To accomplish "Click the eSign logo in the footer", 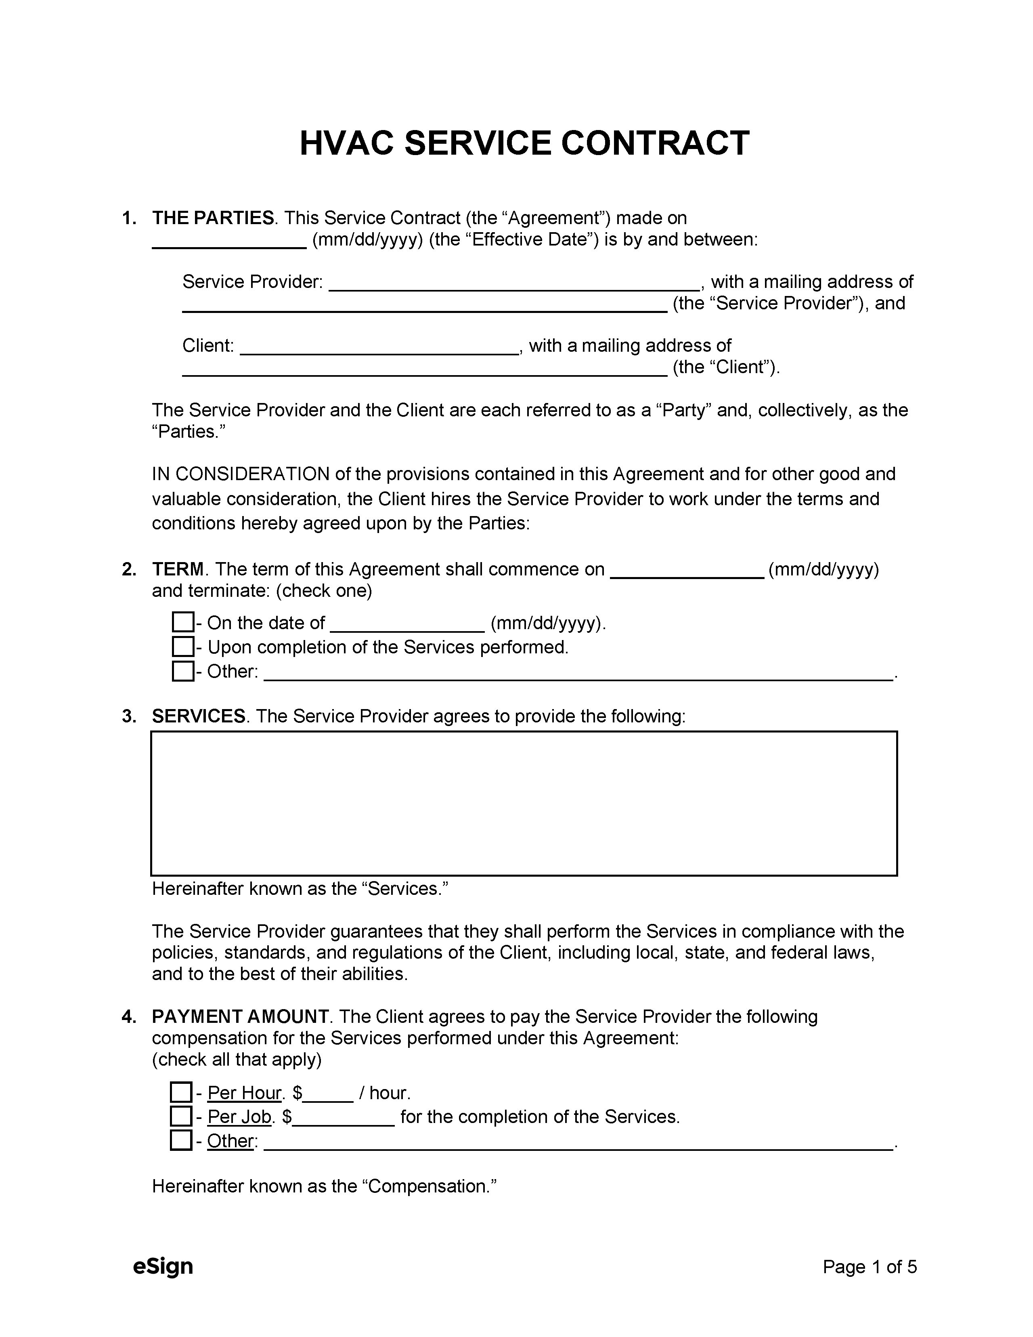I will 163,1266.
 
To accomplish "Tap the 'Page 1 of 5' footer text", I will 869,1267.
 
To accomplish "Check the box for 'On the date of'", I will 182,623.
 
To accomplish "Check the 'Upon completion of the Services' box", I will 182,646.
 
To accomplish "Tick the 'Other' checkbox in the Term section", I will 182,671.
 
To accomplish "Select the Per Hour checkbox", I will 180,1092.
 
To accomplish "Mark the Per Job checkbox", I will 180,1116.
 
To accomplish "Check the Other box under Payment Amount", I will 180,1140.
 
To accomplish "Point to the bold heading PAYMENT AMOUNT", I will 240,1017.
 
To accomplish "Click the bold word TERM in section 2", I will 178,569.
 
